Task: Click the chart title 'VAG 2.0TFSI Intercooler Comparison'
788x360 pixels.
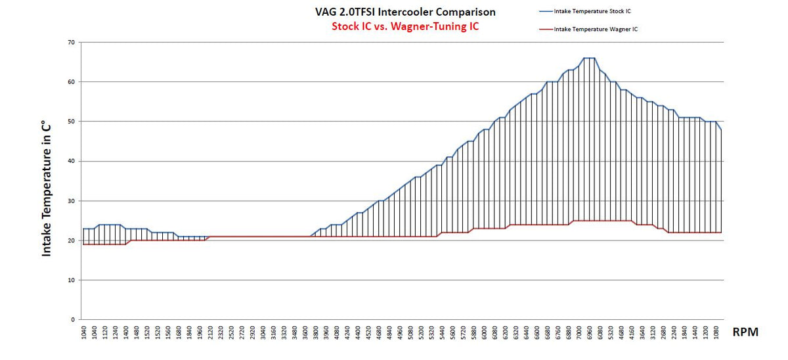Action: click(405, 12)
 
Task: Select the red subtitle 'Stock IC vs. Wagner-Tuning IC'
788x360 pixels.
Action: click(405, 28)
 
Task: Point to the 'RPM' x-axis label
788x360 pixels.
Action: click(745, 332)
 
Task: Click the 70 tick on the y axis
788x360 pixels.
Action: click(71, 43)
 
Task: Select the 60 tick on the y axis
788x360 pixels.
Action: click(71, 82)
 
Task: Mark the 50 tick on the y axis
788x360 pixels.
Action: click(71, 122)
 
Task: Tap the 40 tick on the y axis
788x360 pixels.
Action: click(71, 162)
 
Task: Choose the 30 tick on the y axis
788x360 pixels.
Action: click(71, 201)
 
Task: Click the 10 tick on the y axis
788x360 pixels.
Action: click(71, 280)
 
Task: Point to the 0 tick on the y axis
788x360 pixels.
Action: click(73, 320)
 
